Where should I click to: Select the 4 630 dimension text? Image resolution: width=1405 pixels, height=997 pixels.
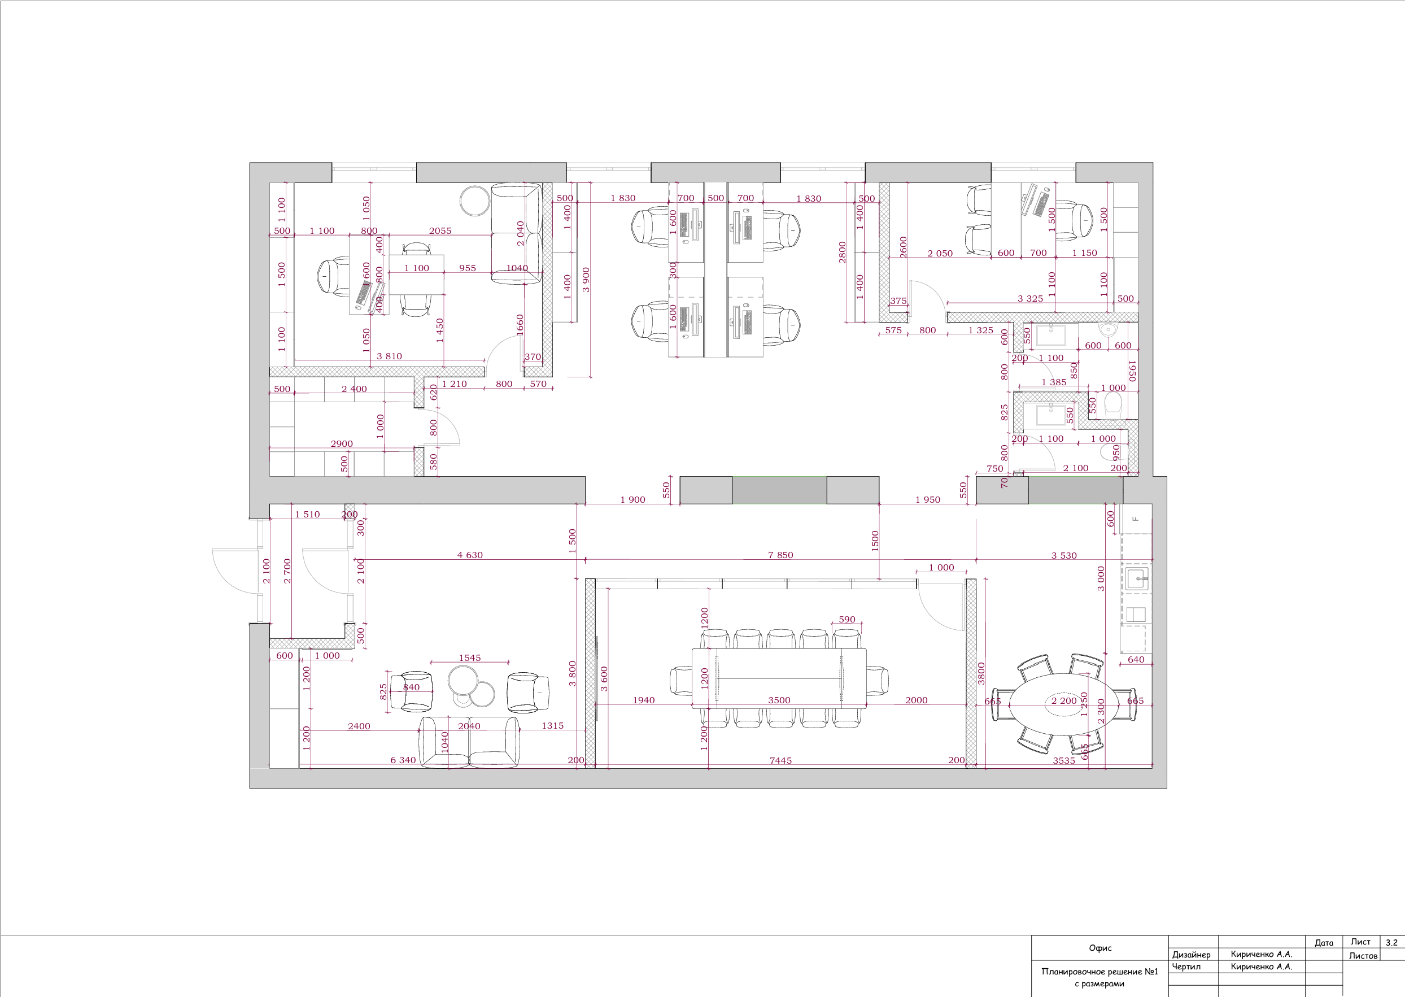(x=470, y=555)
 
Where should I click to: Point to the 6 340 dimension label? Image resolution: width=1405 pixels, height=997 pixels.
(x=403, y=760)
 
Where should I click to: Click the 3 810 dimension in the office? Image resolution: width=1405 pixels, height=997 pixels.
(x=389, y=356)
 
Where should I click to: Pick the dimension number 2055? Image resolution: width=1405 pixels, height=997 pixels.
(x=440, y=231)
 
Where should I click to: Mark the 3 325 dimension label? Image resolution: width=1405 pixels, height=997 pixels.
(x=1030, y=299)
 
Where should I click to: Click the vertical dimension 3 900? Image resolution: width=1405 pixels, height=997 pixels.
(x=586, y=280)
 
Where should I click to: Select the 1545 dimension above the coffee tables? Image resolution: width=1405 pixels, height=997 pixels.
(x=470, y=658)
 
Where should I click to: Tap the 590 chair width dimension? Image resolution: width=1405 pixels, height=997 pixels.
(x=847, y=620)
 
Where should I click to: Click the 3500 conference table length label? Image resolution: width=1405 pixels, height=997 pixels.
(x=779, y=700)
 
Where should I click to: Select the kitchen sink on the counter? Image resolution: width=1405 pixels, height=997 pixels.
(x=1137, y=578)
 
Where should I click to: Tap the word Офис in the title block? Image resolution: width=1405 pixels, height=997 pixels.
(x=1100, y=948)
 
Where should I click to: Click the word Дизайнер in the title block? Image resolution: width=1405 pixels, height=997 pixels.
(x=1192, y=955)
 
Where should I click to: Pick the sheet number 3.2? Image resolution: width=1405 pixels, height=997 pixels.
(x=1391, y=942)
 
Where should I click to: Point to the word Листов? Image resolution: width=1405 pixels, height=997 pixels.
(x=1363, y=955)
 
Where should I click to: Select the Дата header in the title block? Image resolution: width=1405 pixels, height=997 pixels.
(x=1324, y=942)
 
